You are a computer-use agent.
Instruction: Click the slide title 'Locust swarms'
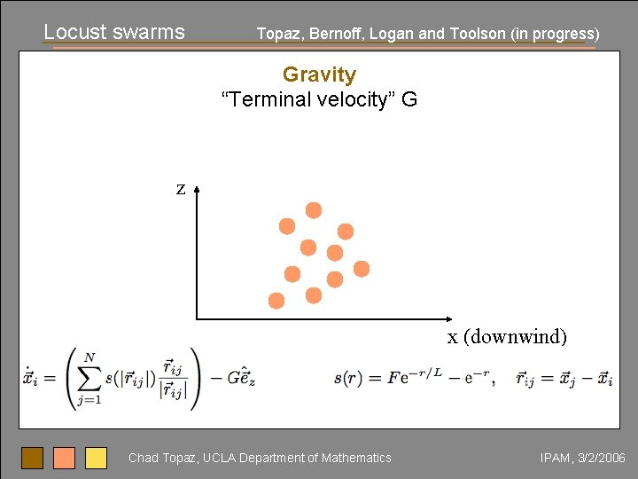tap(113, 32)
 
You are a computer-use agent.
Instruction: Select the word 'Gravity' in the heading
tap(319, 75)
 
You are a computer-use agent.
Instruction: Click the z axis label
tap(181, 188)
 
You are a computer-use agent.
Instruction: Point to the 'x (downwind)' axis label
tap(507, 337)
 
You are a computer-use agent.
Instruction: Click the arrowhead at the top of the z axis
tap(196, 189)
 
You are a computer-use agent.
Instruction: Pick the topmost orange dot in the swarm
tap(314, 210)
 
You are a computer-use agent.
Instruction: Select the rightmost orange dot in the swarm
tap(362, 269)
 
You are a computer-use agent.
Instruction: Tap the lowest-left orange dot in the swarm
tap(276, 301)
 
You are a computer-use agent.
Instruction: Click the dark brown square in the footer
tap(32, 458)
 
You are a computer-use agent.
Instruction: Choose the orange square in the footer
tap(64, 458)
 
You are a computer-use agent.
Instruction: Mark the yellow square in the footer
tap(96, 458)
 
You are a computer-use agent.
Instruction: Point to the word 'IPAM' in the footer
tap(555, 459)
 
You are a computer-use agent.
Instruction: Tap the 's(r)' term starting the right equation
tap(348, 379)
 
